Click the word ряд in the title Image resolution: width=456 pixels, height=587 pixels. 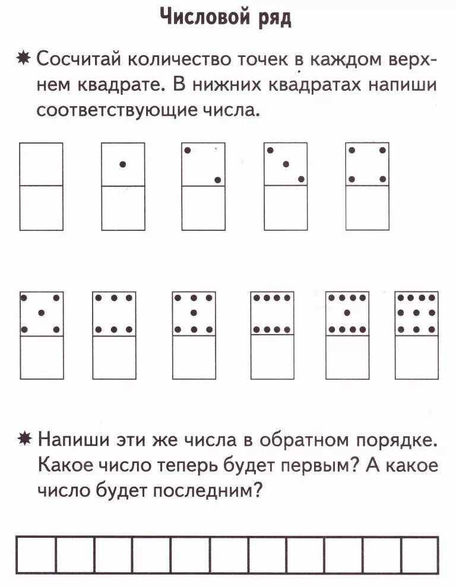click(273, 19)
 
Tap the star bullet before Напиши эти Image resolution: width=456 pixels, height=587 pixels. click(24, 440)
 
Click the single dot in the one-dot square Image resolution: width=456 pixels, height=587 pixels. click(123, 164)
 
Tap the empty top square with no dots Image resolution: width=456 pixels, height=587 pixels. click(41, 164)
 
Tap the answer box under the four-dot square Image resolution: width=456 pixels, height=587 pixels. click(367, 208)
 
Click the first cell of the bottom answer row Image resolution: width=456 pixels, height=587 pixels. click(37, 555)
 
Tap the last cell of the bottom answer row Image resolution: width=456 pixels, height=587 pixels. click(420, 555)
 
